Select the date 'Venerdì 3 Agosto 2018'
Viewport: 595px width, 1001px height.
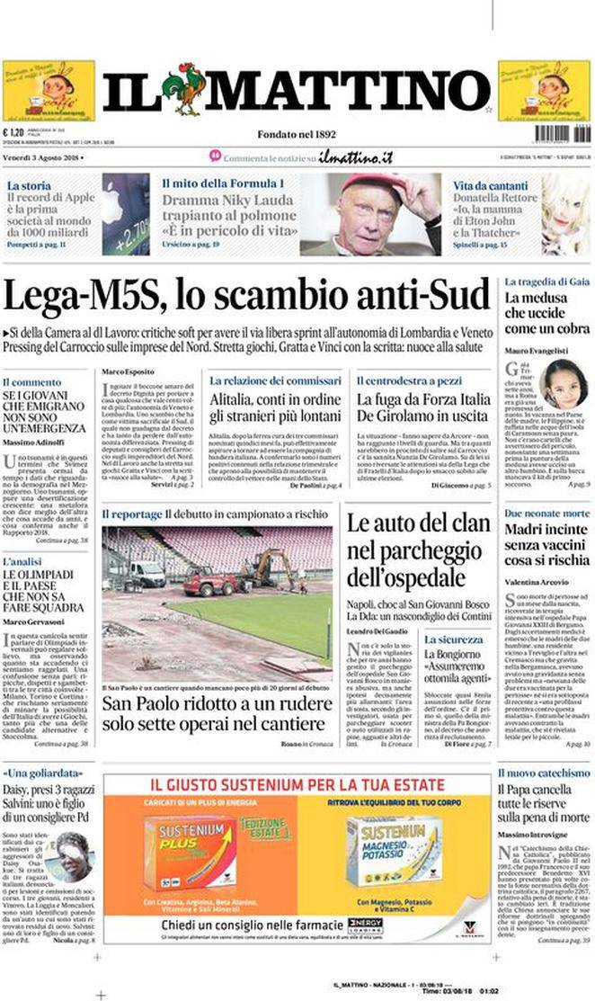(44, 158)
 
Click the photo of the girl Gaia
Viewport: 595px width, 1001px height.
(564, 384)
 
